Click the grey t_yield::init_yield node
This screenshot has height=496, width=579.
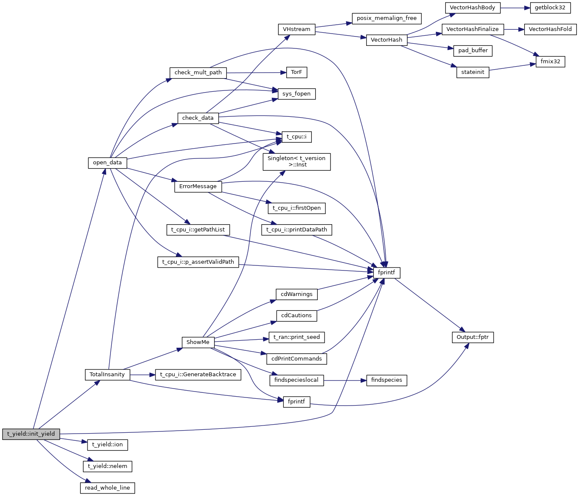click(x=31, y=434)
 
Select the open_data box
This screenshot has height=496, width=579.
click(x=107, y=163)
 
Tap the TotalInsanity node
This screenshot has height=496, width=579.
click(x=107, y=375)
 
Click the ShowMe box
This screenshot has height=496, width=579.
click(x=198, y=342)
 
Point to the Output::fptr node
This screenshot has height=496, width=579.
click(x=472, y=338)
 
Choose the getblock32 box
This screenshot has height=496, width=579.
click(x=550, y=8)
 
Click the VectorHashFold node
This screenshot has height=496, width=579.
click(x=550, y=29)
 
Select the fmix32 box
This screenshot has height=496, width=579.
click(x=550, y=62)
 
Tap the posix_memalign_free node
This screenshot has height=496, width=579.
click(x=387, y=18)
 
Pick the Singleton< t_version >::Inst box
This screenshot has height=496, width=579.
click(x=297, y=162)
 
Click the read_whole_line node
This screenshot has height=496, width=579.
click(x=107, y=488)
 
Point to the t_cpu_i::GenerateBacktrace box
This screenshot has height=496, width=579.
click(x=198, y=375)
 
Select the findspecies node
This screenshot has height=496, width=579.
click(x=387, y=380)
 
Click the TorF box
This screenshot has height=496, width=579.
click(x=297, y=72)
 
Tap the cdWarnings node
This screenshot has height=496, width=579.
click(x=297, y=294)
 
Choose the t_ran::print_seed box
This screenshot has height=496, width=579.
click(x=297, y=337)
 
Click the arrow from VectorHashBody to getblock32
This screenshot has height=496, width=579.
click(x=515, y=8)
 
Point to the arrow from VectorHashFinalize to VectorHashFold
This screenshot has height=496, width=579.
click(x=514, y=29)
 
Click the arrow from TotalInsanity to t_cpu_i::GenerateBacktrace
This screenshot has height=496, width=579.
click(x=143, y=375)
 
